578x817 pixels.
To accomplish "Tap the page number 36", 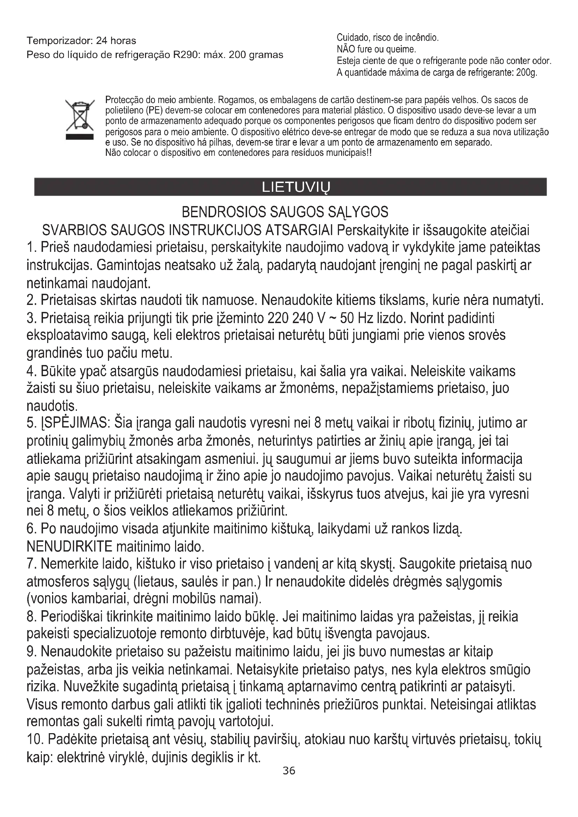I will point(289,771).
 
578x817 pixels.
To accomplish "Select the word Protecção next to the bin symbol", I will point(123,100).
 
